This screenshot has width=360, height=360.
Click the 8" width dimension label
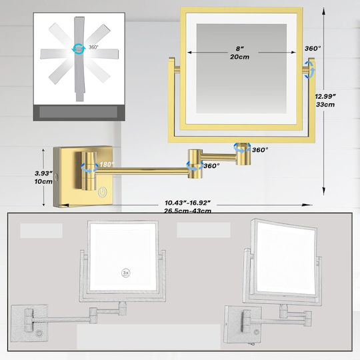click(240, 49)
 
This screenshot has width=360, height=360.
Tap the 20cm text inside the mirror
click(240, 57)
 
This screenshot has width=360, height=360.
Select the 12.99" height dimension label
click(325, 97)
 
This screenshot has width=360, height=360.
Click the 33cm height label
click(325, 105)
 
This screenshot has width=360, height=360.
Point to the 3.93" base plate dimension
click(43, 173)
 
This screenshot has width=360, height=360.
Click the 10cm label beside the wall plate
click(43, 181)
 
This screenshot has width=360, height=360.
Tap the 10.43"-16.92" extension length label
click(187, 203)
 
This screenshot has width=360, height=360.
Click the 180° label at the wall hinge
click(107, 165)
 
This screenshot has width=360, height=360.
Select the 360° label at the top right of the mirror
click(313, 49)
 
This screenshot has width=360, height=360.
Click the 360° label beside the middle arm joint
click(211, 166)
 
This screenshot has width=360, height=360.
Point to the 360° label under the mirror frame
click(260, 150)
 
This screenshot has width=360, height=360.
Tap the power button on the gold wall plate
click(102, 192)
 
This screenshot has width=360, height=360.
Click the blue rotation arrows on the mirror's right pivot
click(310, 70)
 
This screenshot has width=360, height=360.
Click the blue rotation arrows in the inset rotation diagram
click(79, 49)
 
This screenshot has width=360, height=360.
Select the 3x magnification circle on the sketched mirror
click(125, 273)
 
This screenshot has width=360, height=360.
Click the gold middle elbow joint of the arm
click(195, 164)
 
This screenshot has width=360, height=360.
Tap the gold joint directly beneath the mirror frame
click(243, 154)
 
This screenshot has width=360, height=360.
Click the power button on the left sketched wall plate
click(39, 333)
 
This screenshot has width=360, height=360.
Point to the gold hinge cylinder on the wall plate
click(89, 171)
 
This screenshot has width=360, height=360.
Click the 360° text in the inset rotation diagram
click(93, 47)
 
